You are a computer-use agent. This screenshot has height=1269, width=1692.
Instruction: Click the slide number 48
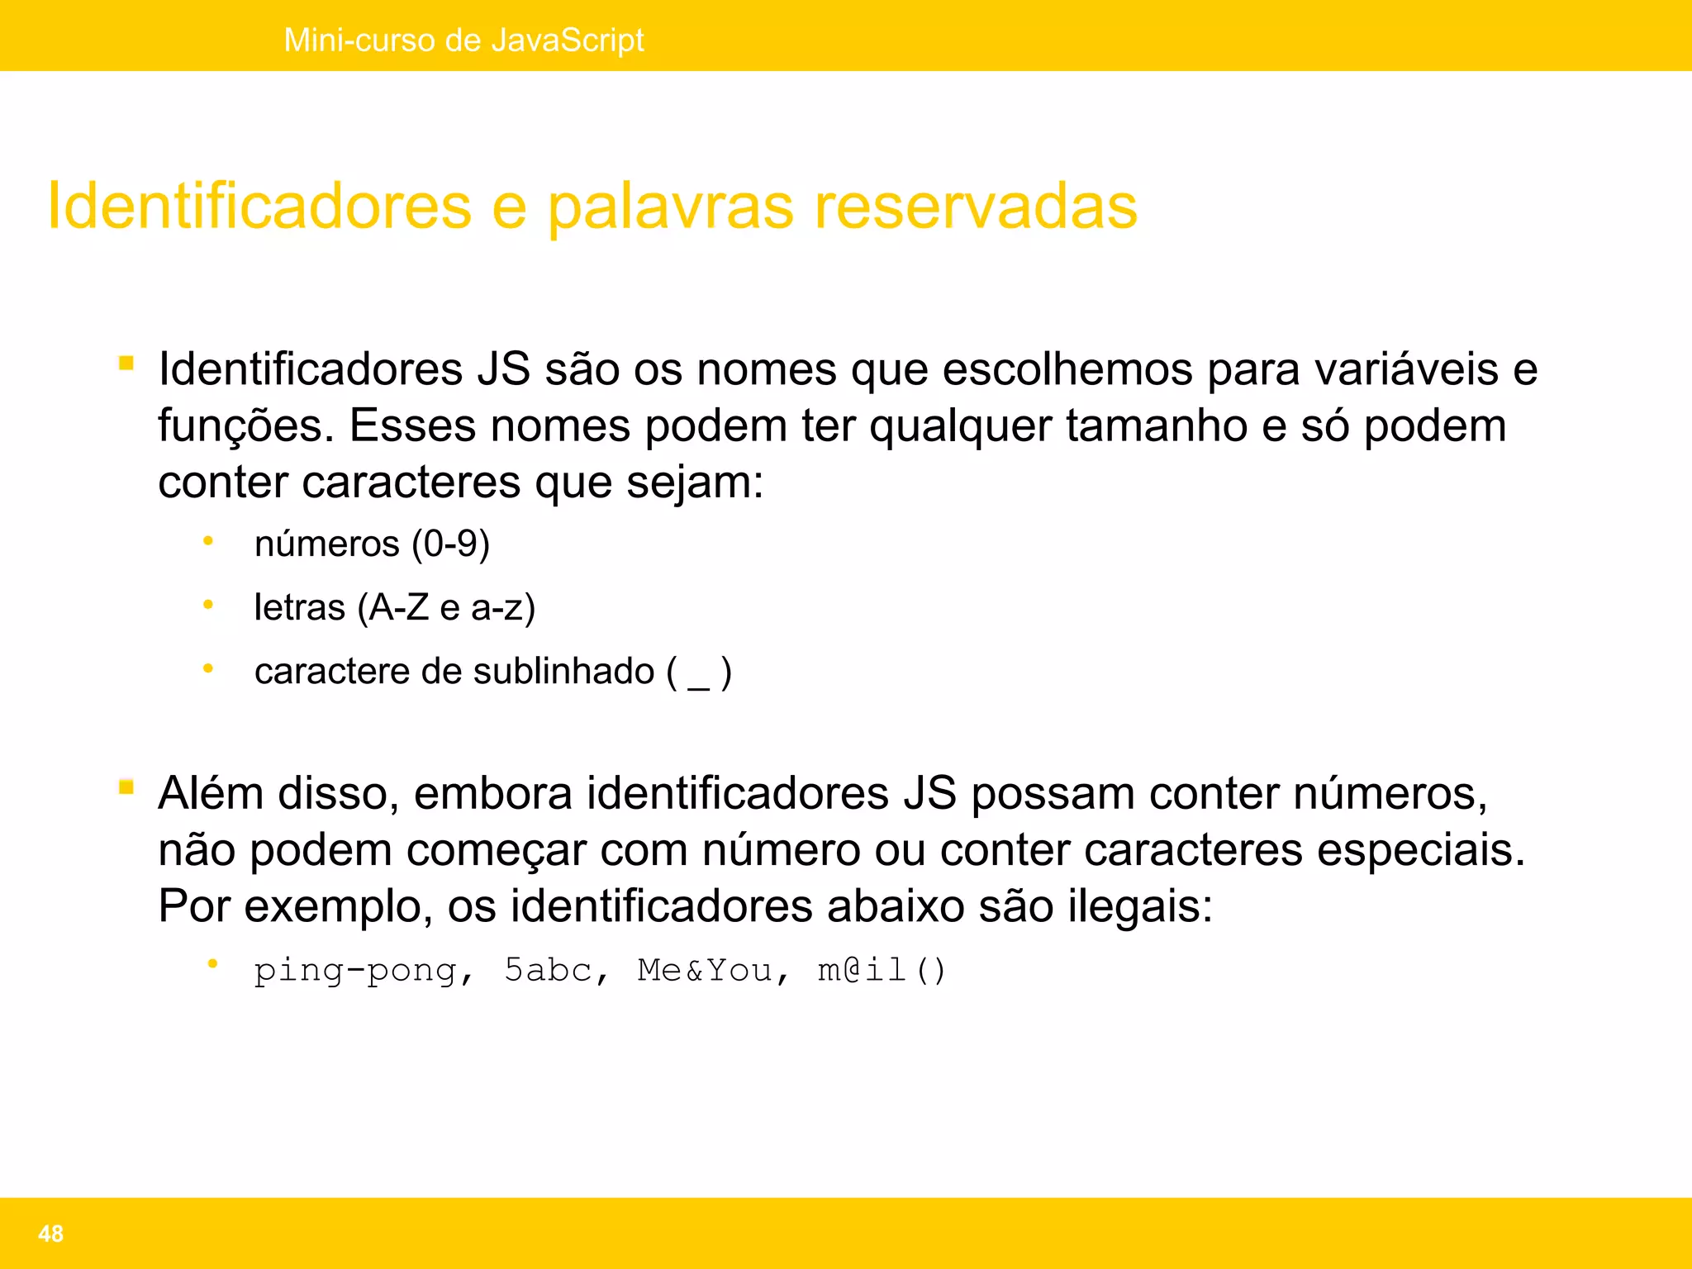[50, 1233]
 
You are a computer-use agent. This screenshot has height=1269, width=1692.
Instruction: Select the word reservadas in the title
[976, 207]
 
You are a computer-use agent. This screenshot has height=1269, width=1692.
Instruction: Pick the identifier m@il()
[881, 971]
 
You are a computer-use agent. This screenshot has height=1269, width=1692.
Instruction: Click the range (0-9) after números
[451, 544]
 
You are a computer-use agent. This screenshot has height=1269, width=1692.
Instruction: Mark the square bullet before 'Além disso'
[126, 787]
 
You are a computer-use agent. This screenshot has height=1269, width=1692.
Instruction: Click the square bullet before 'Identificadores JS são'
[126, 363]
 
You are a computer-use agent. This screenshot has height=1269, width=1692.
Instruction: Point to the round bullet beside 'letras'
[208, 606]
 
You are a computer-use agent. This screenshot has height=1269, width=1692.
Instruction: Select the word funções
[245, 426]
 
